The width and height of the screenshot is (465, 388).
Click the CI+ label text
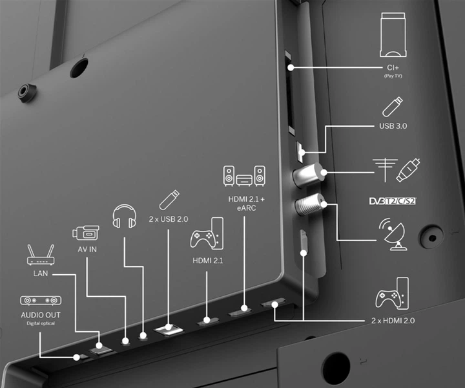(x=393, y=68)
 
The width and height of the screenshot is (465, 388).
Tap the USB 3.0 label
(x=393, y=126)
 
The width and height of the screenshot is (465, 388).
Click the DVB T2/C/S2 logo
(x=393, y=201)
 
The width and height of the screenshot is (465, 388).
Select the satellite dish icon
(x=392, y=235)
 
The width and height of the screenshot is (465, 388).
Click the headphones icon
(x=125, y=216)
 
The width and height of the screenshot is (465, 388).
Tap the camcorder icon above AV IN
(x=86, y=233)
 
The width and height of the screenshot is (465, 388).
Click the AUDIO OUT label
(x=41, y=315)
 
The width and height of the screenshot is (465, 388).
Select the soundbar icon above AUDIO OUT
(x=41, y=301)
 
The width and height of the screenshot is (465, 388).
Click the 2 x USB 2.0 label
(x=169, y=219)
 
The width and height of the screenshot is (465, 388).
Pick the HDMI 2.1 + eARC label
(x=246, y=203)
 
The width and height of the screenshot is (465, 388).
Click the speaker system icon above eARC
(x=244, y=176)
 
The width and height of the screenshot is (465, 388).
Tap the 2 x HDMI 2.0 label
(x=393, y=321)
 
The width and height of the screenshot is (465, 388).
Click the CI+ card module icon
(x=393, y=35)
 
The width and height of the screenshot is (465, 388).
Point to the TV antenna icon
(x=385, y=170)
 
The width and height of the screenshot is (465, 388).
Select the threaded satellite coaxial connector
(x=309, y=204)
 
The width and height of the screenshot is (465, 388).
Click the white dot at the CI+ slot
(x=291, y=68)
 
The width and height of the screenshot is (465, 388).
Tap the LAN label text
(x=41, y=274)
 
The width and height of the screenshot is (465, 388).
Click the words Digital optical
(x=41, y=323)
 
